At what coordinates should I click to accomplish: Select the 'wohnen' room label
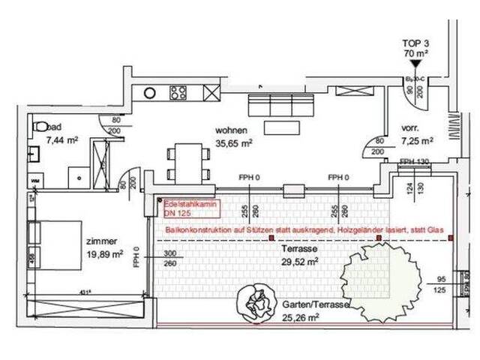232,128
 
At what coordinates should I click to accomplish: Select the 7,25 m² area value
418,140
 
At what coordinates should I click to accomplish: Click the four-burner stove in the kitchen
178,94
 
